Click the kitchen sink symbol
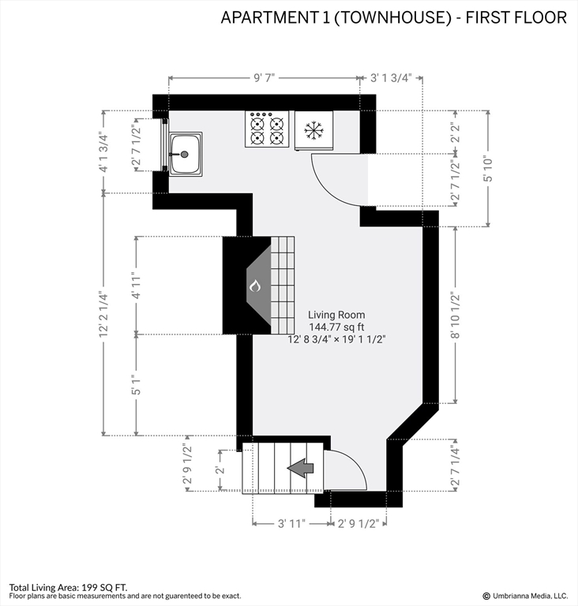[185, 154]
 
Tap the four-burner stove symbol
[267, 129]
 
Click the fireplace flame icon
[254, 286]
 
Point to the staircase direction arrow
[301, 468]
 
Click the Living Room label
[336, 314]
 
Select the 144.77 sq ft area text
[336, 327]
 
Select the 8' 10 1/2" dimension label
[455, 314]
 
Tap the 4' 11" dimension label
[137, 285]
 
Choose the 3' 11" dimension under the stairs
[292, 522]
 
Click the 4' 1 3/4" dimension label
[103, 152]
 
